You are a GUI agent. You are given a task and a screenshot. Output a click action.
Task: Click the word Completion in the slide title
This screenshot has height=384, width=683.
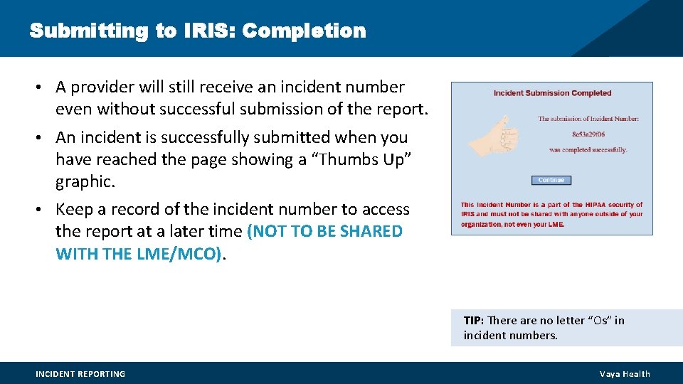tap(303, 31)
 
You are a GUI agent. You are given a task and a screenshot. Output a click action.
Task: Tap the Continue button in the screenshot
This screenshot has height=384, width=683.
tap(551, 180)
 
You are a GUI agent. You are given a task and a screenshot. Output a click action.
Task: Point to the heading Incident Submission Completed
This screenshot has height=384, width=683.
tap(552, 93)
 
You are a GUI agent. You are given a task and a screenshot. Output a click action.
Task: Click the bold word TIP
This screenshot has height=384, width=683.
tap(473, 321)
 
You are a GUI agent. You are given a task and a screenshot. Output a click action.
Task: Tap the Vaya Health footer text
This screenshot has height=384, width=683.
tap(625, 374)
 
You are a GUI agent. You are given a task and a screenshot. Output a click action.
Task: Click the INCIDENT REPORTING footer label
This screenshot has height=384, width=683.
tap(80, 374)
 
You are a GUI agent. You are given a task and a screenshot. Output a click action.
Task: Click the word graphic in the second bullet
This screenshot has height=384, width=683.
tap(85, 182)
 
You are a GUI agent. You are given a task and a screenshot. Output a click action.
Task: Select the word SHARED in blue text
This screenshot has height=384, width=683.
tap(370, 232)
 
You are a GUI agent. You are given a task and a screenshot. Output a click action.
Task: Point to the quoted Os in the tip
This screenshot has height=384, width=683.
tap(599, 321)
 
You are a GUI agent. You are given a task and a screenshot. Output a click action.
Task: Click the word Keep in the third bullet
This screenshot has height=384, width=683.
tap(73, 210)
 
